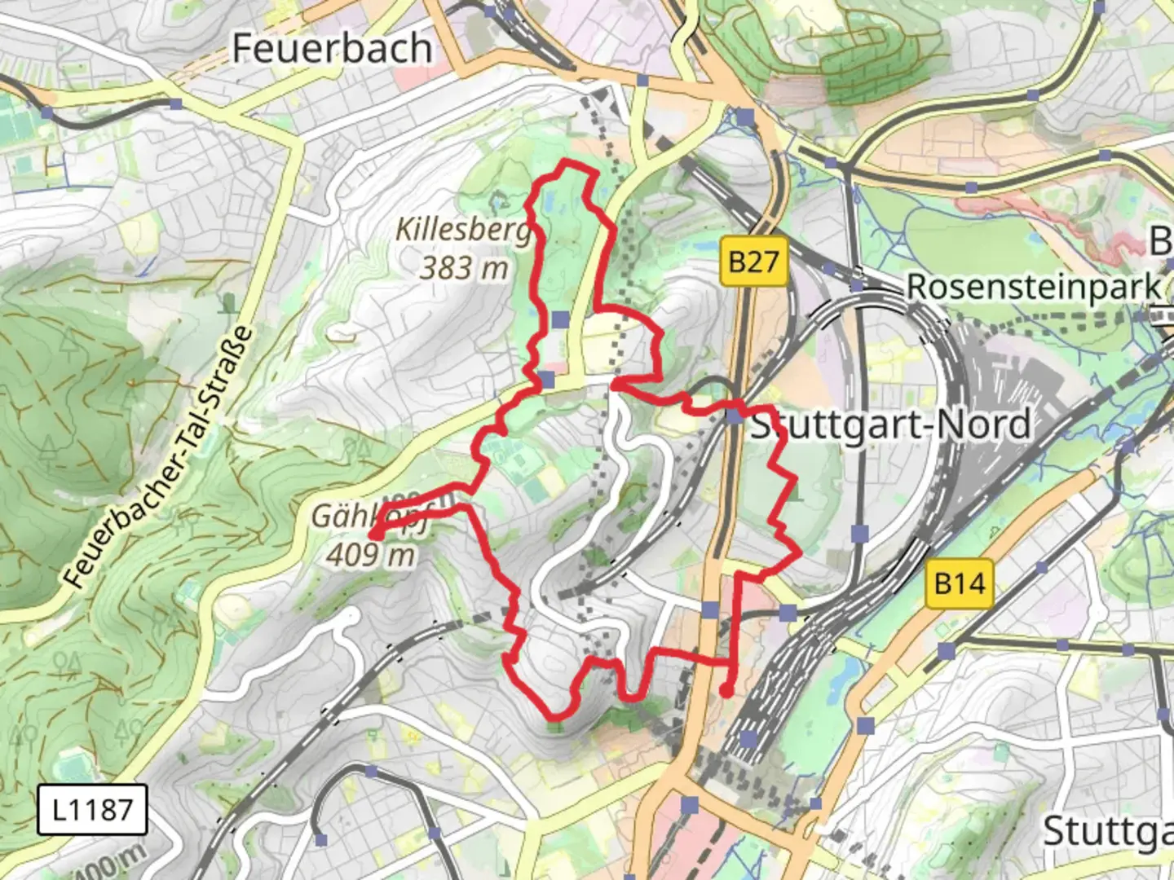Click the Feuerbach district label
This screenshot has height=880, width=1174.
point(331,48)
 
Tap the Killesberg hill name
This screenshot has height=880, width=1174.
point(463,230)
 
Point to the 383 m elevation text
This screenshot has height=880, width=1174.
point(464,267)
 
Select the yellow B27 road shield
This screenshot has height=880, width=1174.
point(754,262)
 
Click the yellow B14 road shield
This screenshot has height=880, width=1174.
point(960,583)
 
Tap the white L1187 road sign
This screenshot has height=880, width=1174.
point(92,809)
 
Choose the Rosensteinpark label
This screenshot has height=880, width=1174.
point(1034,287)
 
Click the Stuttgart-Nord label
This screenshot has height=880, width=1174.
point(890,425)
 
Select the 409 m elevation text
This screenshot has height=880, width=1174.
point(371,555)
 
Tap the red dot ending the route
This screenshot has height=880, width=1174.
point(726,693)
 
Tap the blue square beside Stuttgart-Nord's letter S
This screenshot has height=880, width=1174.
point(735,416)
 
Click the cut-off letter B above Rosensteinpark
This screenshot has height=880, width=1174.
point(1161,241)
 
